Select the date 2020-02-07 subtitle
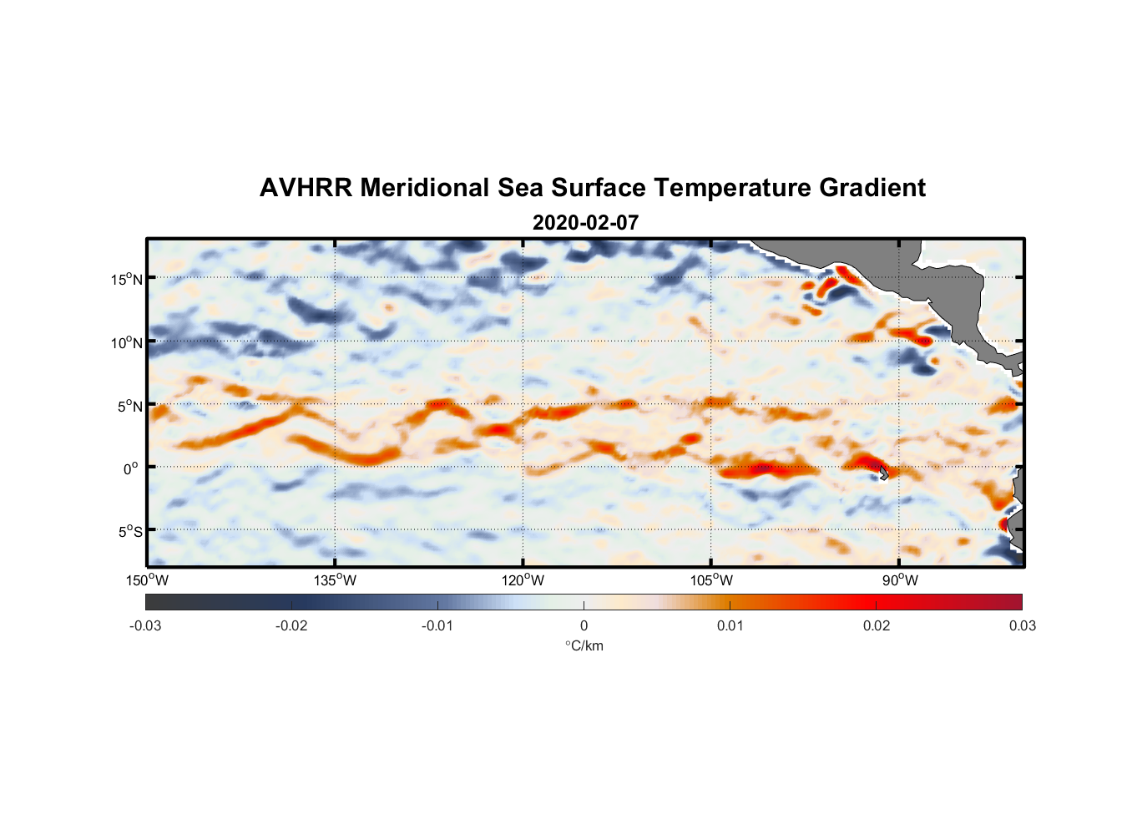coord(585,223)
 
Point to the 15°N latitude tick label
coord(127,279)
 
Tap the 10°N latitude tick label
coord(127,342)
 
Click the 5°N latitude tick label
coord(129,406)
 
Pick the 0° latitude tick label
coord(131,468)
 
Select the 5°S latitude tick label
coord(129,532)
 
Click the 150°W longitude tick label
coord(148,580)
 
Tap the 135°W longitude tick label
coord(336,580)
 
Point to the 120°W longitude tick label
coord(523,580)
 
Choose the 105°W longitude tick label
coord(711,580)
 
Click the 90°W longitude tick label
coord(899,580)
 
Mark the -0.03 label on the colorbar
coord(145,625)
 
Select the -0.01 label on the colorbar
coord(437,625)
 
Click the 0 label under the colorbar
coord(584,625)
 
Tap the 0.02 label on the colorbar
coord(877,625)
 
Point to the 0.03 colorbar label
coord(1022,625)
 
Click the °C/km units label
coord(584,645)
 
